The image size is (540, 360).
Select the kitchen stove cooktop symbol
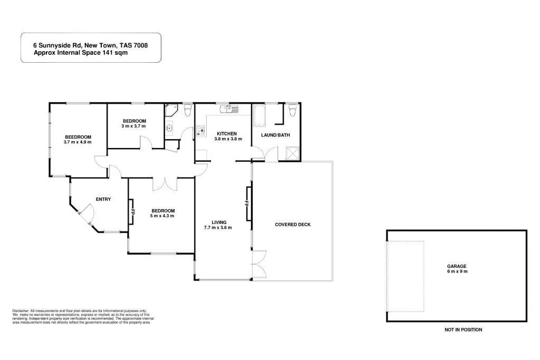click(x=200, y=130)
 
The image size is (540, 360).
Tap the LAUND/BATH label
click(x=275, y=135)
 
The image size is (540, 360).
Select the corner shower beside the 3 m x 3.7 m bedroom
click(x=170, y=111)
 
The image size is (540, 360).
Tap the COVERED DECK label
click(x=293, y=225)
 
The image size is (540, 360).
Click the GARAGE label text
click(x=457, y=266)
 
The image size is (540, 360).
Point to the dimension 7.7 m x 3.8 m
click(x=218, y=228)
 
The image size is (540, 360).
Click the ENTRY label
click(x=103, y=199)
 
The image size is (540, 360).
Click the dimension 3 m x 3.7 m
click(x=133, y=126)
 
